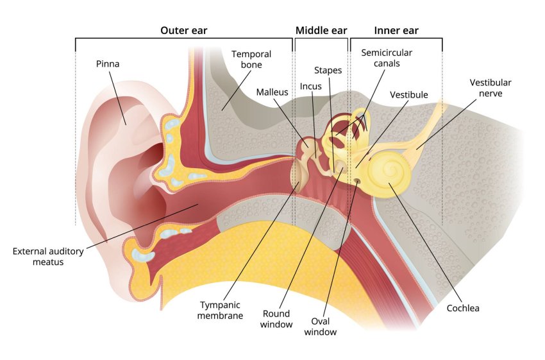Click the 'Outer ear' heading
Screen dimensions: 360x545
click(183, 30)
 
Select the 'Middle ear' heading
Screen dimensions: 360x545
click(320, 30)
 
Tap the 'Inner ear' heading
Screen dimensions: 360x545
click(396, 30)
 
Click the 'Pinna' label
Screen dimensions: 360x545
click(108, 64)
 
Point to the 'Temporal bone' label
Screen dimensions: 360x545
click(251, 60)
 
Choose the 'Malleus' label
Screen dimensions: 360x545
click(272, 92)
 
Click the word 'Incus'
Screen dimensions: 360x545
click(310, 86)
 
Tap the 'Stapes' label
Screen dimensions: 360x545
click(328, 69)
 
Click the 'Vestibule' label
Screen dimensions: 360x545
click(408, 95)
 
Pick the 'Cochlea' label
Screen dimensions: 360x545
click(463, 308)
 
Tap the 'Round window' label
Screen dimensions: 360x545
click(276, 319)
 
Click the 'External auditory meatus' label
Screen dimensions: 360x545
click(48, 257)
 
